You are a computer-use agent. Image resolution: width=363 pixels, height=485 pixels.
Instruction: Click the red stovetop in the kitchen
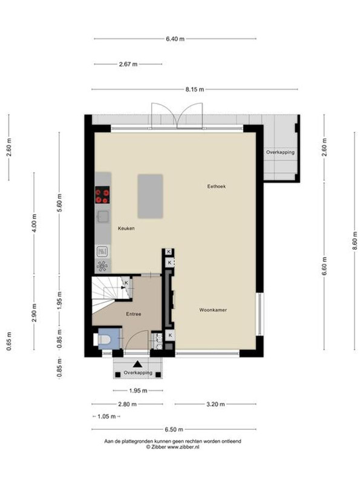pos(102,195)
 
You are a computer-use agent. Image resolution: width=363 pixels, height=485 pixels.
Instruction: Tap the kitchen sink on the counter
pos(103,216)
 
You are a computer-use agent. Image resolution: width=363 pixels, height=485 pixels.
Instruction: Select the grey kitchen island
pos(150,196)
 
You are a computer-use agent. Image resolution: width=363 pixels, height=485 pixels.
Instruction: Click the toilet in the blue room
pos(103,339)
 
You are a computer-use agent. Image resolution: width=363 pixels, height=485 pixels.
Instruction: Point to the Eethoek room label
pos(217,186)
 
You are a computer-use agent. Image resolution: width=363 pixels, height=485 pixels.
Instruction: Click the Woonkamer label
pos(213,310)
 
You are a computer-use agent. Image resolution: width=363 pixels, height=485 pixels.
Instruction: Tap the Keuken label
pos(126,229)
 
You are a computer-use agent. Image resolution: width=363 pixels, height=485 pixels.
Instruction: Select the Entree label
pos(134,314)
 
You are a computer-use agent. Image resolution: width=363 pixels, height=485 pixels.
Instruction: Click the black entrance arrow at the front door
pos(138,364)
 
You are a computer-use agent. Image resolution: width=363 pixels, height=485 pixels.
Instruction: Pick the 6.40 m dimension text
pos(175,39)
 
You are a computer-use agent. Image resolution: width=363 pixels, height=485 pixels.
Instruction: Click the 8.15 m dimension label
pos(194,89)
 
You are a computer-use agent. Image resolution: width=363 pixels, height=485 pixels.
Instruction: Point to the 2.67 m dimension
pos(128,64)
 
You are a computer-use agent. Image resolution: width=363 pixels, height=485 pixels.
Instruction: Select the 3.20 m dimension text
pos(215,404)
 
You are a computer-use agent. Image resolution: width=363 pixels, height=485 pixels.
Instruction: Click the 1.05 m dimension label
pos(106,416)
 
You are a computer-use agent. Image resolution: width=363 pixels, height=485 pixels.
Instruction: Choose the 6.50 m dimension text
pos(174,429)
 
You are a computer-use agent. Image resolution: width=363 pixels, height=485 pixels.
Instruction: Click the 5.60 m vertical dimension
pos(59,202)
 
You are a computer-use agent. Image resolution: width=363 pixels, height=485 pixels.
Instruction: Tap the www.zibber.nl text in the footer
pos(183,447)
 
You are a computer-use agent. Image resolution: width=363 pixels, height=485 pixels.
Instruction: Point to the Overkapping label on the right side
pos(280,152)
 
